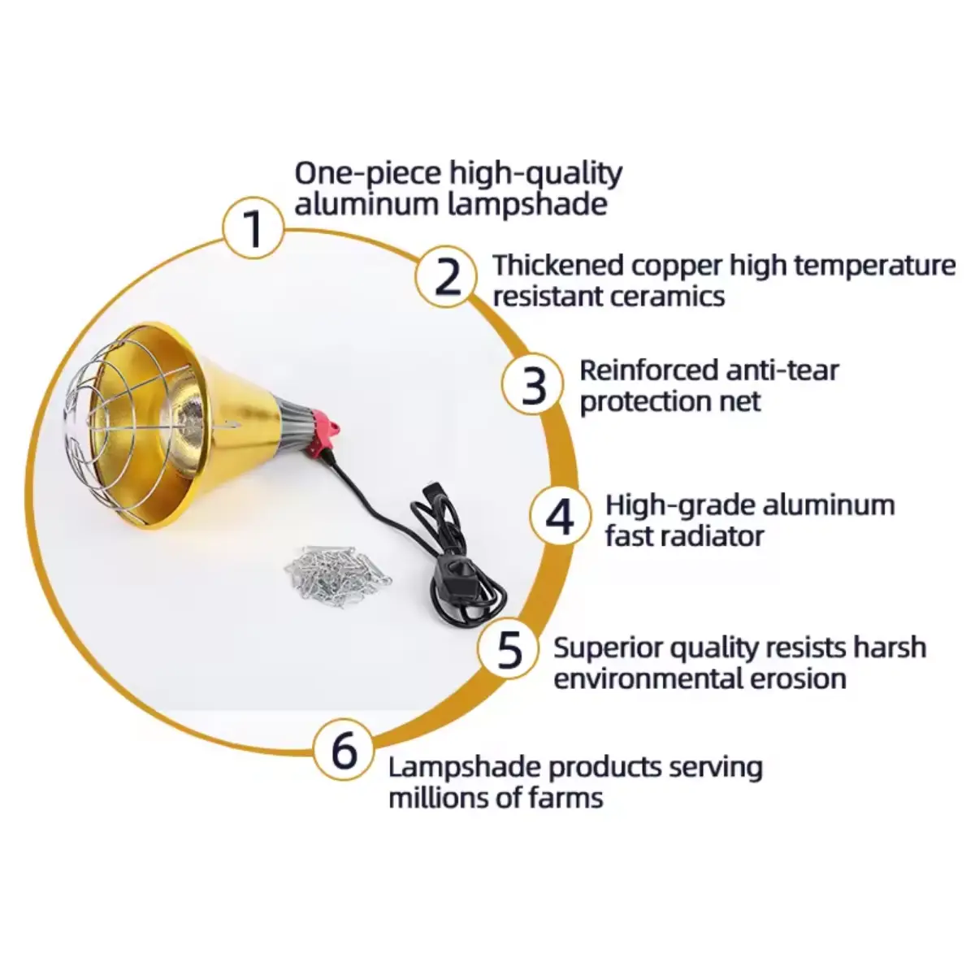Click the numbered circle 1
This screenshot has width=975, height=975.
(253, 228)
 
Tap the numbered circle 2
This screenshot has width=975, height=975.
(446, 276)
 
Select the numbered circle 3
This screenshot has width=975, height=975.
(532, 384)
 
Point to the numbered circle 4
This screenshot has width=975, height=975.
(560, 517)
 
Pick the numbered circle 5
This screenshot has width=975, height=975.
(509, 649)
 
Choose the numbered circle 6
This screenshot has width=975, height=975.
(344, 750)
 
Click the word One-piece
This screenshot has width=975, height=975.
(368, 175)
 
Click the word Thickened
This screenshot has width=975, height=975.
(558, 265)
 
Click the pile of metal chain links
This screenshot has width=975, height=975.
(338, 576)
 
